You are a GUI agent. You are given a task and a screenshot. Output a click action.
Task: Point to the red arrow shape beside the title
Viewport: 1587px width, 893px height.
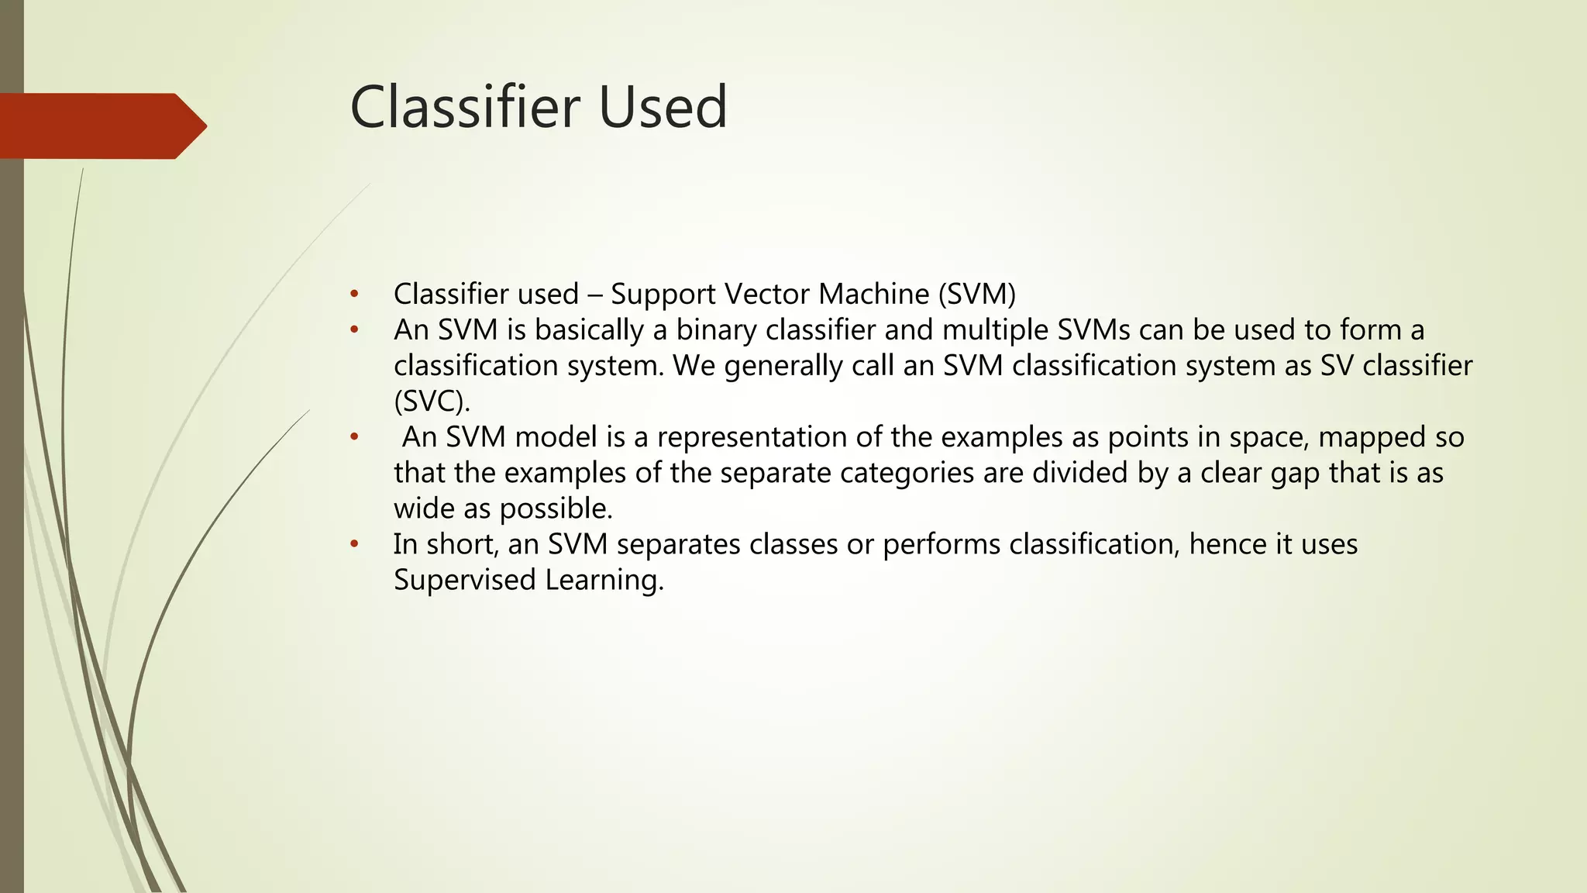pyautogui.click(x=101, y=126)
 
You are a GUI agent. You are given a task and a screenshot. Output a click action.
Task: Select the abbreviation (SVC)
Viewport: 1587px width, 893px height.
pyautogui.click(x=432, y=402)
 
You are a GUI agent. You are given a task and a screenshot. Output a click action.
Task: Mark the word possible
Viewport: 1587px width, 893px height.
pyautogui.click(x=556, y=509)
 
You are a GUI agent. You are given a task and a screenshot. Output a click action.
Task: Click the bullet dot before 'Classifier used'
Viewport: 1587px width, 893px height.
pyautogui.click(x=354, y=295)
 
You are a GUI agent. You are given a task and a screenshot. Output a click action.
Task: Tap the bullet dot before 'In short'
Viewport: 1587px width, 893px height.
pyautogui.click(x=354, y=544)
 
